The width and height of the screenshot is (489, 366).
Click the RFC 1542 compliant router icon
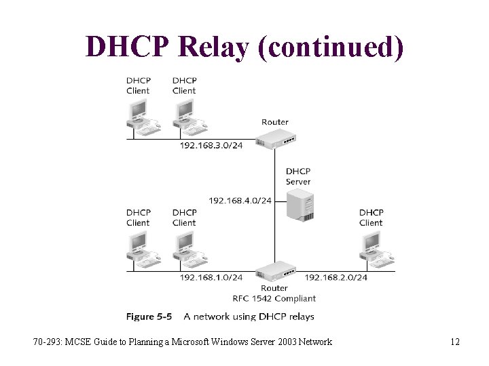276,271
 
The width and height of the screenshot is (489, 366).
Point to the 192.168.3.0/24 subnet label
211,146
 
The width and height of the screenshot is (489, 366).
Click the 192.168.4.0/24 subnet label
240,201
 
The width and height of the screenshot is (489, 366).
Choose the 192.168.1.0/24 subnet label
211,277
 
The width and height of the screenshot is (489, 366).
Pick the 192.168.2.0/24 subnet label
336,277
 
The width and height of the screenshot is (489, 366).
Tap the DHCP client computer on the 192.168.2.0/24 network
372,247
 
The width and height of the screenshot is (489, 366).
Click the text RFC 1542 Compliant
274,298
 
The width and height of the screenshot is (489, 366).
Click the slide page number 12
455,342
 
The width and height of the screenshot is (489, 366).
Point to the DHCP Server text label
298,176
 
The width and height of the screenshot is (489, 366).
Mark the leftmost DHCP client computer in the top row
140,115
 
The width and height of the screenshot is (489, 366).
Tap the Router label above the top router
275,122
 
